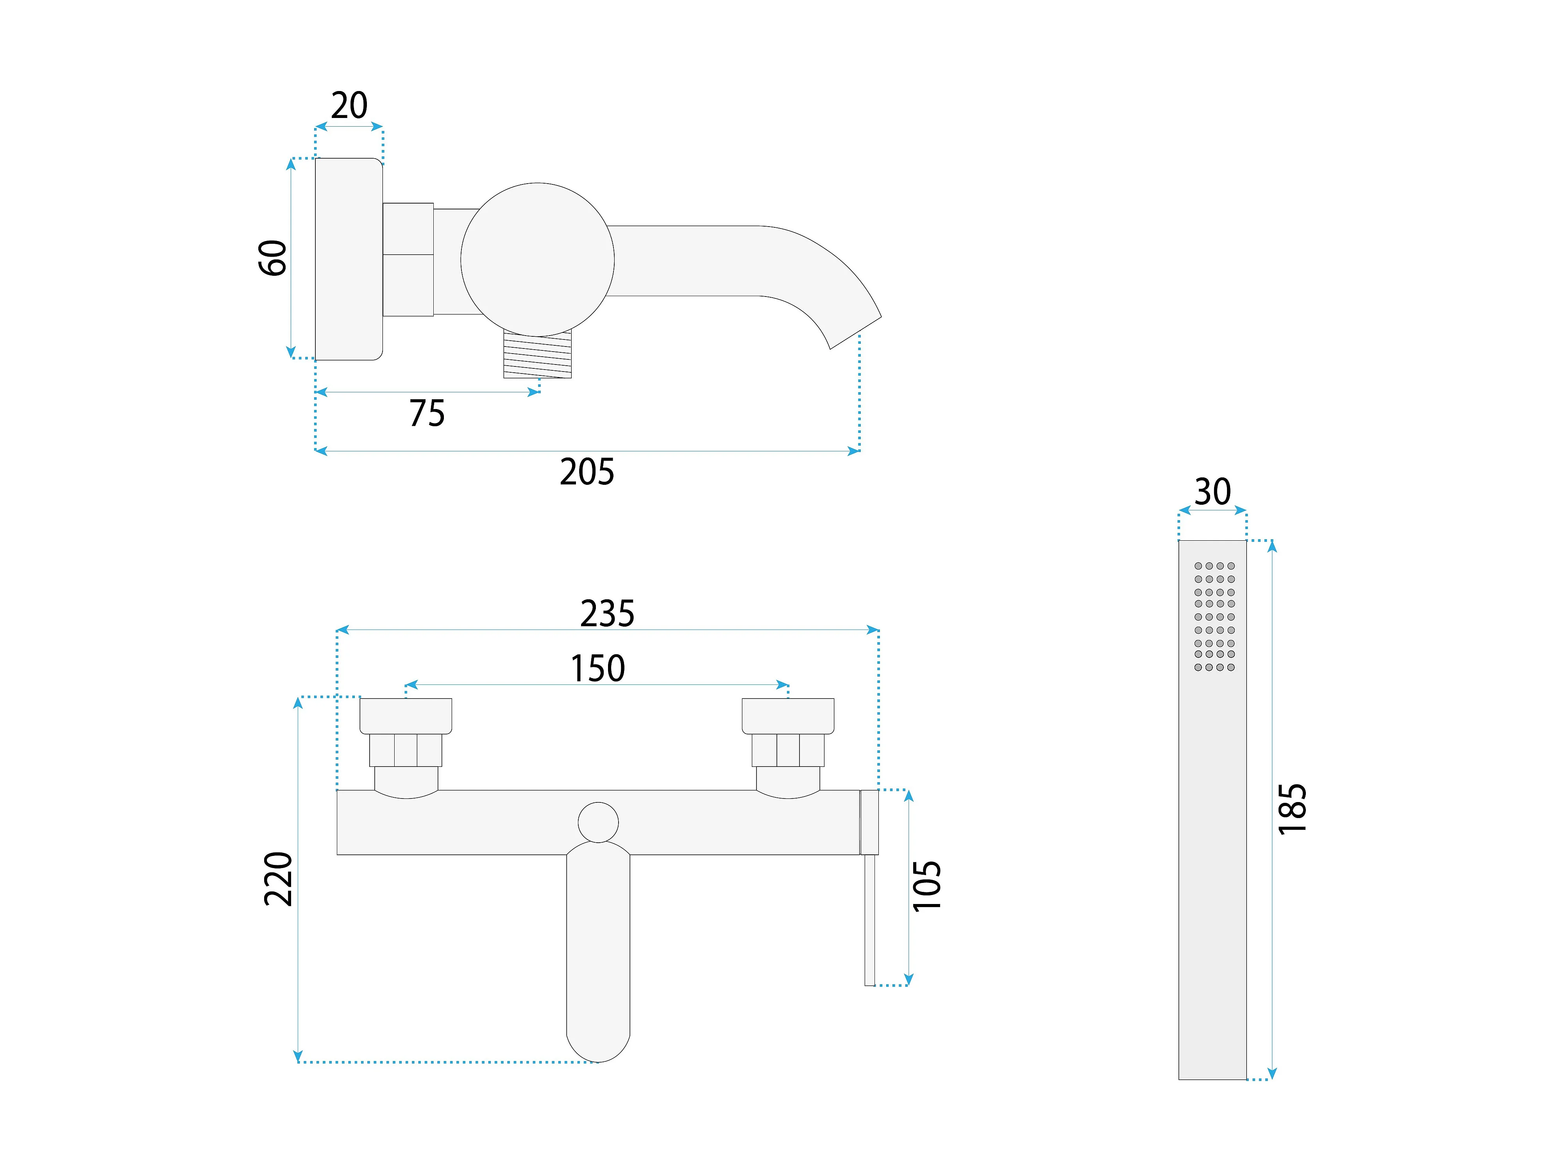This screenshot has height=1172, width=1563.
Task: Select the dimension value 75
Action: [x=427, y=413]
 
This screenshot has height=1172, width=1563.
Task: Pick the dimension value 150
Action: [x=598, y=668]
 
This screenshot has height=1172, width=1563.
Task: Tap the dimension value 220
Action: [x=278, y=879]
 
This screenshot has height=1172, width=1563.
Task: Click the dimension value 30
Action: [x=1212, y=492]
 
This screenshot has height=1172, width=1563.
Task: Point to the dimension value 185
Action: [x=1292, y=809]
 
